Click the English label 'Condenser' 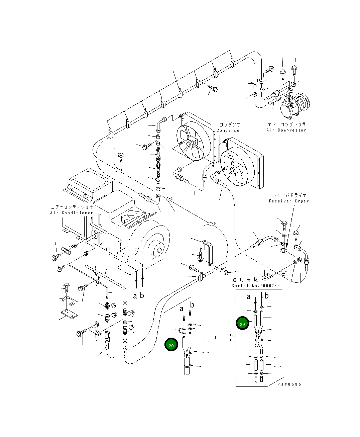[x=229, y=130]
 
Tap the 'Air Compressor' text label [x=286, y=130]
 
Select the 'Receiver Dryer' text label [x=289, y=201]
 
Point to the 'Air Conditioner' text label [x=72, y=213]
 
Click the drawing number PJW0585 [x=289, y=384]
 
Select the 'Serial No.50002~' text [x=256, y=285]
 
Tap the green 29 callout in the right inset [x=242, y=324]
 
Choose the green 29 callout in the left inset [x=171, y=345]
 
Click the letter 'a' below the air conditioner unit [x=135, y=296]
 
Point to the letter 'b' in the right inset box [x=266, y=296]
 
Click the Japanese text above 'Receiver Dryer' [x=289, y=195]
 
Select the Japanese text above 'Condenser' [x=230, y=124]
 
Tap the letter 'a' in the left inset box [x=182, y=309]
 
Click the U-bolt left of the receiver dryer [x=266, y=277]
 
